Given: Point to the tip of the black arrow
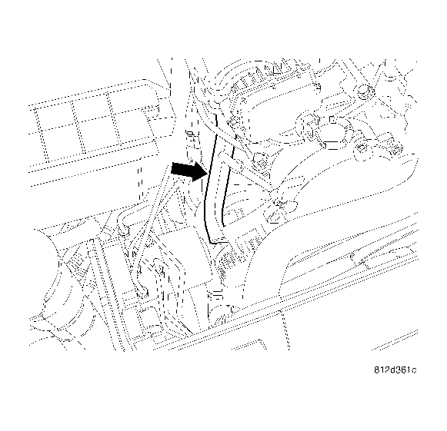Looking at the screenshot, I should [x=205, y=172].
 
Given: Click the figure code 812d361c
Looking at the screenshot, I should [x=392, y=372].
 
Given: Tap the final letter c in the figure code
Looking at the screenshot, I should [x=414, y=372].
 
